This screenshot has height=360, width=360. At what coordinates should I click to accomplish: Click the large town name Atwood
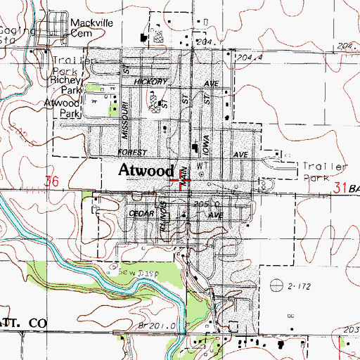click(146, 170)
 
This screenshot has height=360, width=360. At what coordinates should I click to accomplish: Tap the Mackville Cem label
click(91, 27)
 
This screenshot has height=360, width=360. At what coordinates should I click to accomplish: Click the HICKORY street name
click(152, 82)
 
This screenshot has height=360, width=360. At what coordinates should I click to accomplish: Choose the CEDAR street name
click(141, 212)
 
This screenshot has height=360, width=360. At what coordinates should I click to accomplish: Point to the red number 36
click(50, 181)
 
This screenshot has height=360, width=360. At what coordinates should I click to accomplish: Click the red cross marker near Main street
click(175, 180)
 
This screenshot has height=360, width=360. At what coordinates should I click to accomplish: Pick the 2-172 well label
click(296, 287)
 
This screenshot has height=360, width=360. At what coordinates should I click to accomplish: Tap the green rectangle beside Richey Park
click(94, 88)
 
